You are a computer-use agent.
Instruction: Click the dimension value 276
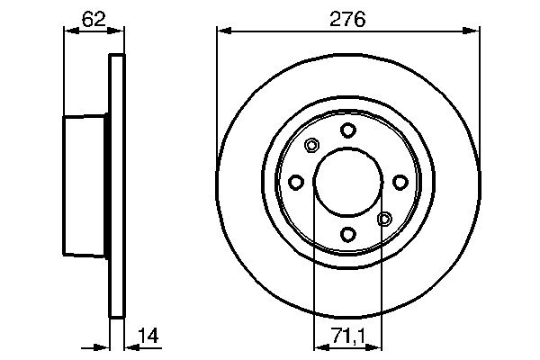click(347, 17)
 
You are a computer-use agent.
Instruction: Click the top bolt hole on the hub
click(347, 130)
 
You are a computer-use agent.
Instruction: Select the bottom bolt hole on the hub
click(347, 235)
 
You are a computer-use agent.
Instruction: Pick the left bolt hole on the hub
click(295, 183)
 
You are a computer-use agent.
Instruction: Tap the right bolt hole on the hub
click(400, 183)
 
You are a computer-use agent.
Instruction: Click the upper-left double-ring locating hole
click(312, 146)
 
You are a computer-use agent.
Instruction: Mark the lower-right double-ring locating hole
click(383, 219)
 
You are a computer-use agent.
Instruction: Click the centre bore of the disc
click(347, 183)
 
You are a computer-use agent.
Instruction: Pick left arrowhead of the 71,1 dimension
click(318, 346)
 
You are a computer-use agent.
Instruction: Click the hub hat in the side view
click(85, 184)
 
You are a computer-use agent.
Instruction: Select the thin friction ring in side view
click(115, 184)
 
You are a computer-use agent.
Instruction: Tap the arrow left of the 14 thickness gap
click(101, 346)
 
